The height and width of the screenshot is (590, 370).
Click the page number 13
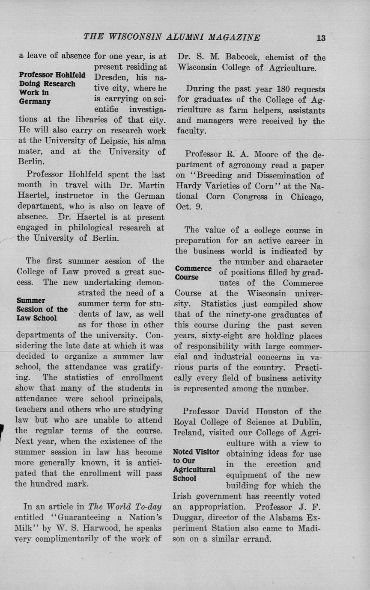321,38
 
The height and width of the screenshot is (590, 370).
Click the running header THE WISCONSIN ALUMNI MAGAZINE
172,37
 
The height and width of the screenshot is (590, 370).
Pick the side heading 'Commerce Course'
193,272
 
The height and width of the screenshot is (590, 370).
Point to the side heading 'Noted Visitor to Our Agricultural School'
196,465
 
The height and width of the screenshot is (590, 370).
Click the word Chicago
307,197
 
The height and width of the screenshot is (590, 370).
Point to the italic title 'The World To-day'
125,507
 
